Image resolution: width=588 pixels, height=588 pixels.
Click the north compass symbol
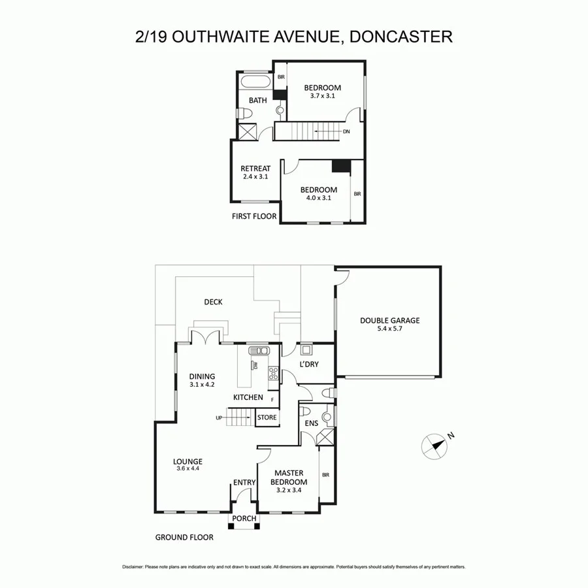click(434, 446)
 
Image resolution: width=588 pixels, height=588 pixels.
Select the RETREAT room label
click(255, 169)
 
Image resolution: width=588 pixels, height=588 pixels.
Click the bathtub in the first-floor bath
click(255, 83)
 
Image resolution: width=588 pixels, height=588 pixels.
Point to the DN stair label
click(346, 132)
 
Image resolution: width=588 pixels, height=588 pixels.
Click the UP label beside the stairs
click(220, 417)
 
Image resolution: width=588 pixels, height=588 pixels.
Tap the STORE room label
click(267, 417)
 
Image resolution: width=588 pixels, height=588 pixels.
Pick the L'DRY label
click(308, 364)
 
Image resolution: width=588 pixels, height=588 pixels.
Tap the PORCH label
click(244, 519)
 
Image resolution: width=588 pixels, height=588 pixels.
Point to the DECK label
click(213, 302)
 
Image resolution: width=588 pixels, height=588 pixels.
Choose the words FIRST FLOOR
click(254, 216)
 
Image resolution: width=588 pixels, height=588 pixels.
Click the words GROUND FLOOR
click(184, 538)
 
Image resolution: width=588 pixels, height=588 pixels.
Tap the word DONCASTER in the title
click(401, 37)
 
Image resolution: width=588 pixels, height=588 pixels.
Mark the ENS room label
click(312, 423)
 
